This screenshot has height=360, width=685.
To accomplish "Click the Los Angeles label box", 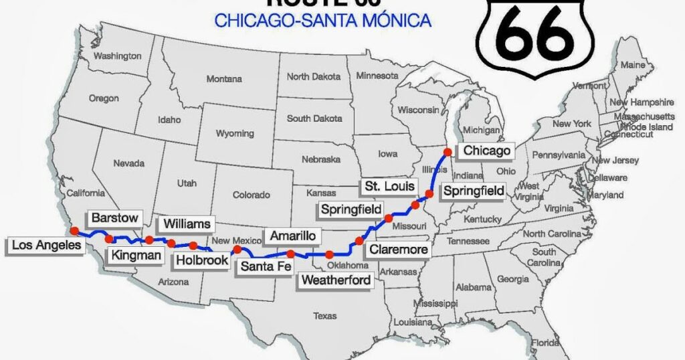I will (46, 246).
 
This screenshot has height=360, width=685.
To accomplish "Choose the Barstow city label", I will (114, 218).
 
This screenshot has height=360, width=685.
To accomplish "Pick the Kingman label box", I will (136, 255).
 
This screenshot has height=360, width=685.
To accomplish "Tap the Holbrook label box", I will (202, 260).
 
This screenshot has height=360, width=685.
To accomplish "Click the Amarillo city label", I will (294, 236).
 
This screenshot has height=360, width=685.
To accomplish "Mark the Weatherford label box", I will (336, 280).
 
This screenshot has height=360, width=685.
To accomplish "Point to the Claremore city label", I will (397, 250).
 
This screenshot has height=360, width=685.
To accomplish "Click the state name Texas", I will (325, 316).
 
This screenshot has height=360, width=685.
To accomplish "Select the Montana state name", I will (224, 79).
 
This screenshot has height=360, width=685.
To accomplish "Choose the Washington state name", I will (117, 56).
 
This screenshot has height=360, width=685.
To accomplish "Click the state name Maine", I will (633, 65).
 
